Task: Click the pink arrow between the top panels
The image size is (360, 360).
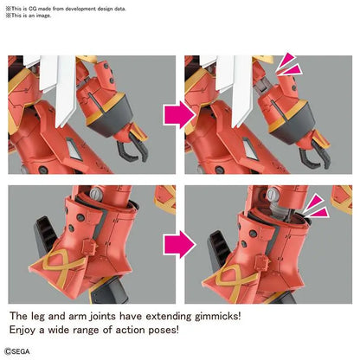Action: click(180, 114)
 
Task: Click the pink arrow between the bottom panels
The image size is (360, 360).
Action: click(180, 244)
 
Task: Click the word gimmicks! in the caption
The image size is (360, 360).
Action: click(217, 316)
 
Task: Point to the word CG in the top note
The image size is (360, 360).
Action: click(33, 9)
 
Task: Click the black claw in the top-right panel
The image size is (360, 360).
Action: click(315, 153)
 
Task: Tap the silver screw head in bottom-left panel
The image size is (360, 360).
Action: click(97, 193)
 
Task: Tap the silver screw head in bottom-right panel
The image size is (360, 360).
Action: click(273, 194)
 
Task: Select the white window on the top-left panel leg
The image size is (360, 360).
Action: click(74, 149)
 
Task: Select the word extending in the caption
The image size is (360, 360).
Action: click(169, 317)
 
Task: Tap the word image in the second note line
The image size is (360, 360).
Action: click(43, 16)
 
